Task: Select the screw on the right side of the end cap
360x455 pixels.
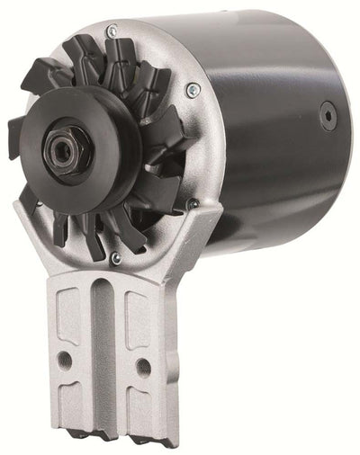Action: point(192,90)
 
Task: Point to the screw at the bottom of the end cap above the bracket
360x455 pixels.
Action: point(115,259)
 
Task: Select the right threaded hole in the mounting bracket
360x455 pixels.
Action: point(140,366)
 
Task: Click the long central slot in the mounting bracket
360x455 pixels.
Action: point(102,351)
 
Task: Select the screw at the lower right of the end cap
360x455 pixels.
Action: point(193,205)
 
